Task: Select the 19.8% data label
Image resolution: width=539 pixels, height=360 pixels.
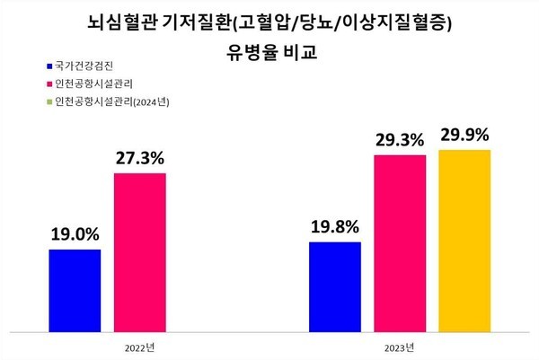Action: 334,225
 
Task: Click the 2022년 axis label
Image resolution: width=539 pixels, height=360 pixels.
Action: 138,346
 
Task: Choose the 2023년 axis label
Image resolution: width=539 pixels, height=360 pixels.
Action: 400,346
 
